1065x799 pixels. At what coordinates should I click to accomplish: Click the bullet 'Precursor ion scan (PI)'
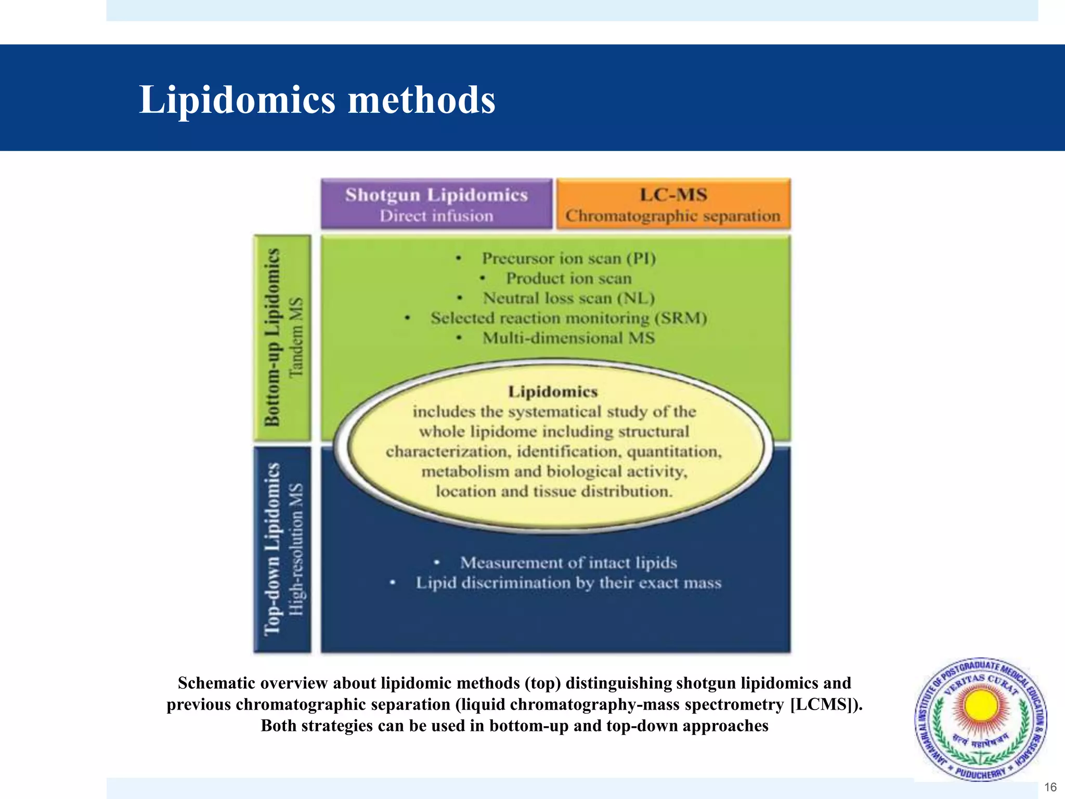click(x=568, y=259)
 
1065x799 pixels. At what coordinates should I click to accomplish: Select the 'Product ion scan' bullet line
click(x=568, y=278)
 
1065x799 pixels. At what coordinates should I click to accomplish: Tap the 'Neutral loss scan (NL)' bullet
click(x=568, y=298)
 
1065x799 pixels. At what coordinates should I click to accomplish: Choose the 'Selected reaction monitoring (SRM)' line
click(x=568, y=318)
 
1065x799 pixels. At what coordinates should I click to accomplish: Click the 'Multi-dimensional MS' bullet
click(x=568, y=338)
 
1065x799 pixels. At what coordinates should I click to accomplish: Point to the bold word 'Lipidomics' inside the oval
click(x=553, y=392)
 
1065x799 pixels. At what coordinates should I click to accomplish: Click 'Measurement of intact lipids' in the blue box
click(x=568, y=563)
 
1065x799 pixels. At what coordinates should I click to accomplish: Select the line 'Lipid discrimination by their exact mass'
click(x=568, y=583)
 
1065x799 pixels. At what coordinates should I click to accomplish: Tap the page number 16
click(x=1050, y=787)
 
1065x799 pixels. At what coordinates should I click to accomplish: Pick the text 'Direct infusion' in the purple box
click(x=436, y=216)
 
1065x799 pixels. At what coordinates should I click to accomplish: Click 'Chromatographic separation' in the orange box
click(x=673, y=216)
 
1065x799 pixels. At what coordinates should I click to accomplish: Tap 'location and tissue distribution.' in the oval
click(x=554, y=492)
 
